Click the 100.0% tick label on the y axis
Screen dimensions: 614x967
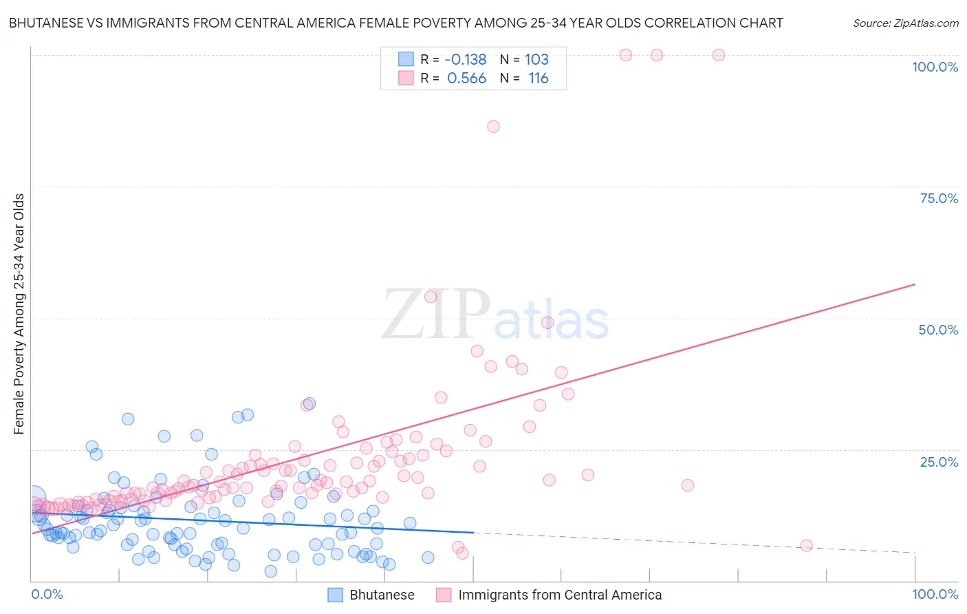(935, 67)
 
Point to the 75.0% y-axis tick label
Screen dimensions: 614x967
(939, 198)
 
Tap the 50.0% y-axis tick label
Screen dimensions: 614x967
(938, 330)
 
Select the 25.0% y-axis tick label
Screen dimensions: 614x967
(939, 461)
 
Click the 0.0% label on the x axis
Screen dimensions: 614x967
(47, 594)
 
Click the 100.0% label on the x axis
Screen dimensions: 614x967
(935, 594)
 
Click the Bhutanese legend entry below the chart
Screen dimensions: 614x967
(381, 595)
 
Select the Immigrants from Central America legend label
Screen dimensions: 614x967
(559, 595)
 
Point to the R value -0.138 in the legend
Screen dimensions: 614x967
(465, 59)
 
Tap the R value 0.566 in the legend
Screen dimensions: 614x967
(466, 78)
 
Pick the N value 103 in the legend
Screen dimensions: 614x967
(536, 59)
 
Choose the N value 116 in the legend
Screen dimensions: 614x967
(538, 78)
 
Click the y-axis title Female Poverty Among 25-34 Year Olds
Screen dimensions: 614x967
(19, 314)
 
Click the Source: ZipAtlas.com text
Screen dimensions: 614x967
(905, 23)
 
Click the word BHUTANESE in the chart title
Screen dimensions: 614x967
(50, 23)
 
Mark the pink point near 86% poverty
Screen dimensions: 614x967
(493, 127)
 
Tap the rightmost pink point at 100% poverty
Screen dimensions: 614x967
(719, 55)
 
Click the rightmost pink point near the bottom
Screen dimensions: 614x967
(806, 546)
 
